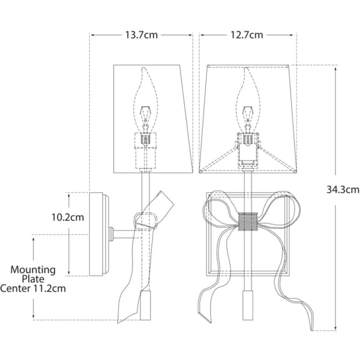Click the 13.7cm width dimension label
(x=142, y=35)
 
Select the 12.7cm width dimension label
(x=247, y=35)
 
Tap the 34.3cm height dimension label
(x=343, y=190)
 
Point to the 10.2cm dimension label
(x=67, y=217)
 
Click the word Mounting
(x=33, y=270)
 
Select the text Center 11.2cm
(x=33, y=289)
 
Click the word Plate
(x=33, y=279)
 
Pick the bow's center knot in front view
(x=248, y=221)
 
